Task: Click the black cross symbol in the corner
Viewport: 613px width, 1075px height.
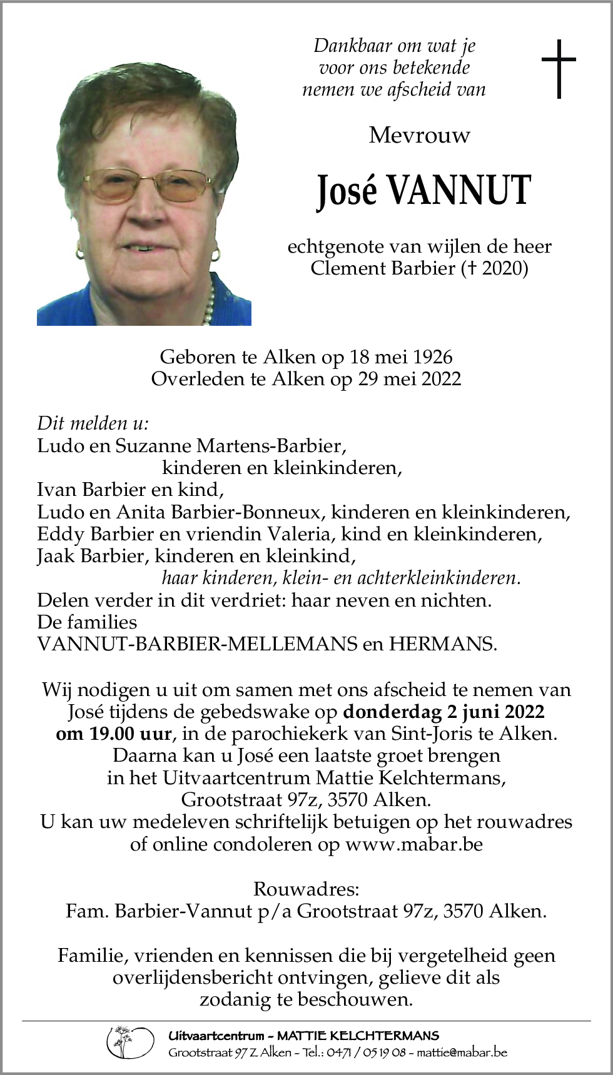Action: (x=558, y=69)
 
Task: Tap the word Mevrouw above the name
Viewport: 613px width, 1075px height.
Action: (x=419, y=135)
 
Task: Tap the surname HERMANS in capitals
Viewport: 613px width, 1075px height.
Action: (x=442, y=644)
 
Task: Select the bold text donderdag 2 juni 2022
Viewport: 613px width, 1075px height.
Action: (x=444, y=712)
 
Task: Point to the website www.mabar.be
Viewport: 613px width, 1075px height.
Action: (x=414, y=844)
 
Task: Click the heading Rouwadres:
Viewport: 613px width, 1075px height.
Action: (x=306, y=889)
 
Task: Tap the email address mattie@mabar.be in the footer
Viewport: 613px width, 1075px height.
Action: (x=462, y=1052)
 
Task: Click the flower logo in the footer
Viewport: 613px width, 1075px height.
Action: (x=129, y=1042)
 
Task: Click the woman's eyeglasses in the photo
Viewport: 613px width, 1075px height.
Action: (x=148, y=186)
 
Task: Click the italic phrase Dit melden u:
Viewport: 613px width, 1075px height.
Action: (x=93, y=423)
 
